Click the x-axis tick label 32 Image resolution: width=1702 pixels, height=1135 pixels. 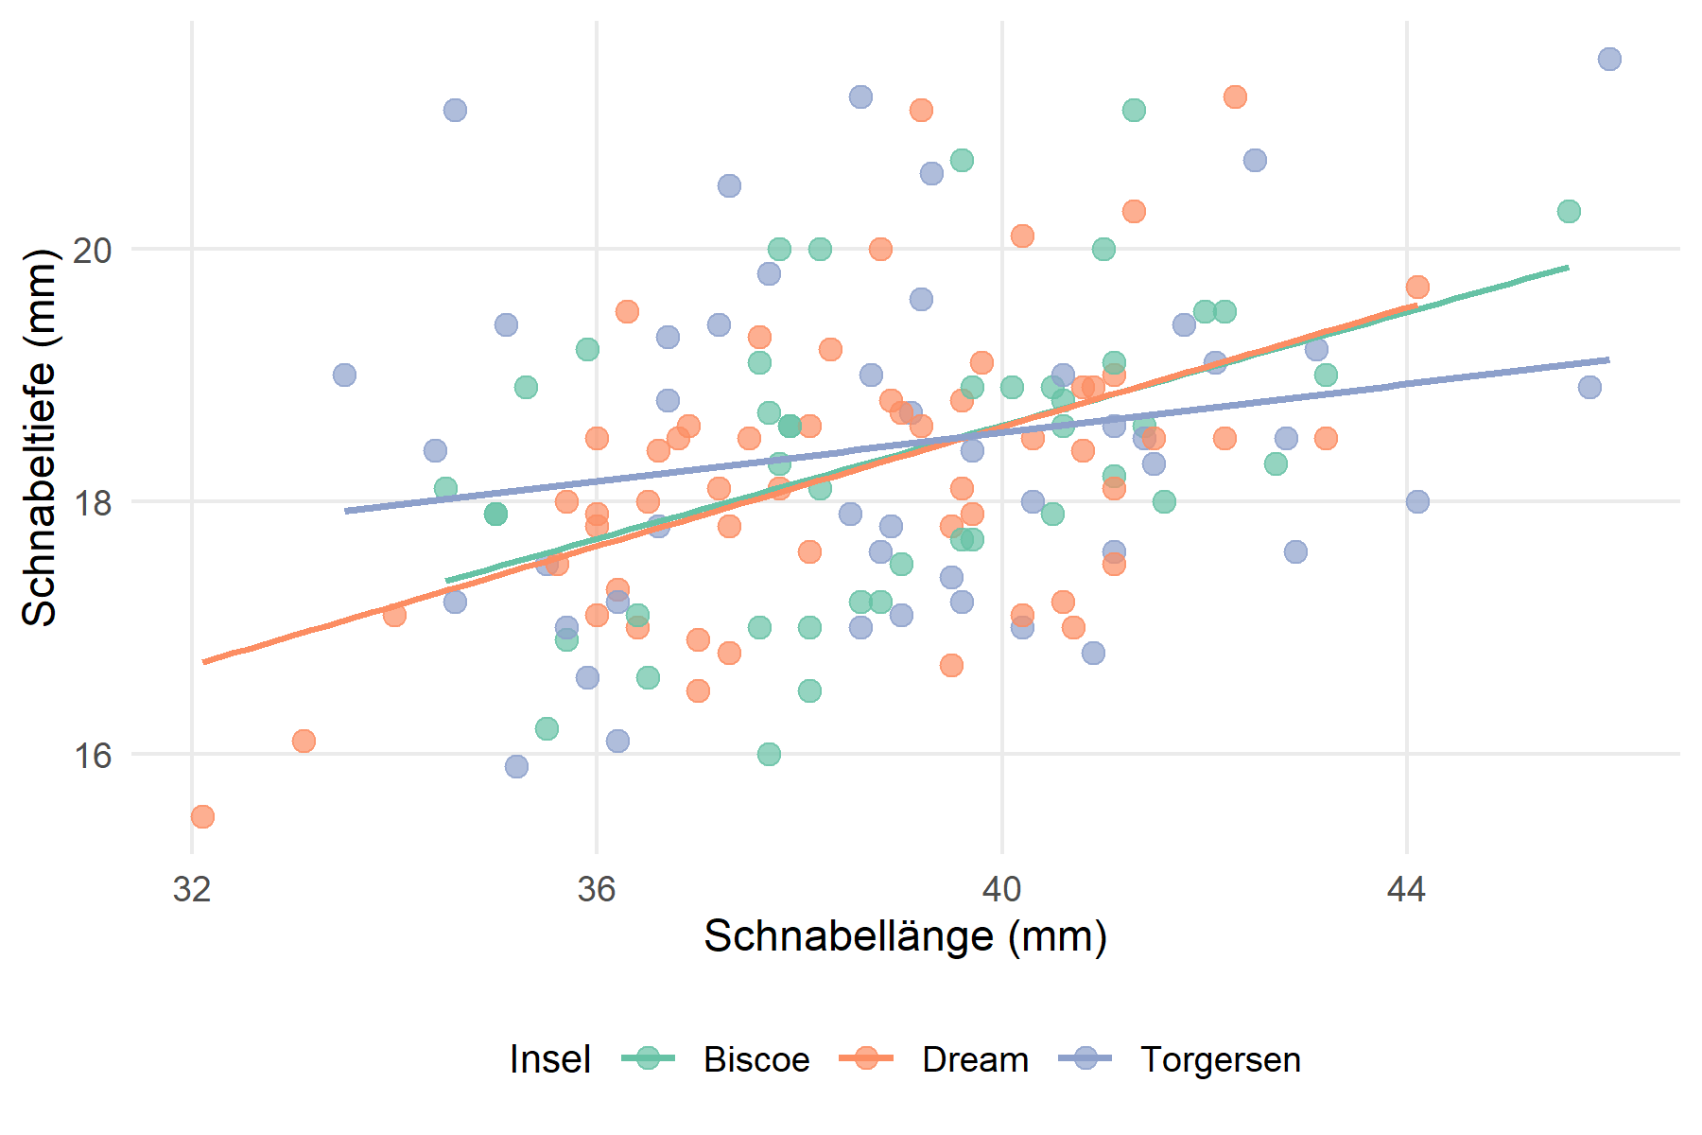click(x=192, y=890)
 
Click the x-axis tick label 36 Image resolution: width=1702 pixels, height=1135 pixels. click(x=597, y=890)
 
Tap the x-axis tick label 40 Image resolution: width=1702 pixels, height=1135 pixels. click(x=1001, y=890)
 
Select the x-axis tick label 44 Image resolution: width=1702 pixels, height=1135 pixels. click(x=1406, y=890)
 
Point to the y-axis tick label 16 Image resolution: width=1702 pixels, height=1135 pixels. click(x=92, y=756)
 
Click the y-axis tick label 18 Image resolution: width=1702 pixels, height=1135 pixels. click(x=92, y=503)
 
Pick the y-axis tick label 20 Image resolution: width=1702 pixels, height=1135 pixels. click(x=92, y=251)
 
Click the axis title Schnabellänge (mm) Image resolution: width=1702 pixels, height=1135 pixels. click(x=905, y=936)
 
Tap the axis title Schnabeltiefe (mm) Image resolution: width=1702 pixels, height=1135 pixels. click(x=40, y=437)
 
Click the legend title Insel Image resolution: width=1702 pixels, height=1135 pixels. click(x=549, y=1059)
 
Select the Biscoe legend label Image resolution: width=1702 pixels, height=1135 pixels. click(x=756, y=1059)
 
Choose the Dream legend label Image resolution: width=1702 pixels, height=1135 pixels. click(x=975, y=1059)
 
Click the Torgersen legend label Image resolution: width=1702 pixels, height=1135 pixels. click(x=1220, y=1059)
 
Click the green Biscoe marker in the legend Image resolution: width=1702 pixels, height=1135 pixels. click(x=649, y=1058)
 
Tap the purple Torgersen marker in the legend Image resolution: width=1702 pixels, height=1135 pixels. click(x=1085, y=1058)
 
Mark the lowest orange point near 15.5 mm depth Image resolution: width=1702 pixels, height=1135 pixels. click(x=202, y=816)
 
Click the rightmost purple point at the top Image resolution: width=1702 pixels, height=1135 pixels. click(x=1609, y=60)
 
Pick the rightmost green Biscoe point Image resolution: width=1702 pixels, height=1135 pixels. click(x=1569, y=211)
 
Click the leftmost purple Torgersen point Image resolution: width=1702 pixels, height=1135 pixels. click(x=344, y=375)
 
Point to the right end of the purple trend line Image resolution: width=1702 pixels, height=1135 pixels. click(x=1608, y=359)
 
